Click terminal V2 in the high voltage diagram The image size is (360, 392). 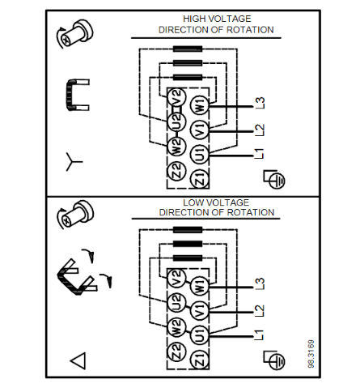(x=176, y=98)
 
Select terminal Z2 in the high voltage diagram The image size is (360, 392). (x=176, y=171)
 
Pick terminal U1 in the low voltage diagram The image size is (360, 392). (x=199, y=334)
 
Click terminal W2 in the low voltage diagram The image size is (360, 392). (x=176, y=327)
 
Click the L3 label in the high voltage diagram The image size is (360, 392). (x=260, y=103)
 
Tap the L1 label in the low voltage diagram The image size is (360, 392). (x=259, y=335)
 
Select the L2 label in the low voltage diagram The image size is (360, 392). (x=260, y=311)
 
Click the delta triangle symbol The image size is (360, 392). (x=78, y=360)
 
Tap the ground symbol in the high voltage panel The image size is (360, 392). (x=274, y=179)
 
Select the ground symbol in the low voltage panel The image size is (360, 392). (x=274, y=360)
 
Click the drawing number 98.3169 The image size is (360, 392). (x=311, y=354)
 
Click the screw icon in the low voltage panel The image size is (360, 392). (x=75, y=215)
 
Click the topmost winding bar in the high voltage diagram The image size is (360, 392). (x=188, y=49)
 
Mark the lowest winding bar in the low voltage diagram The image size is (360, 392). (x=188, y=258)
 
